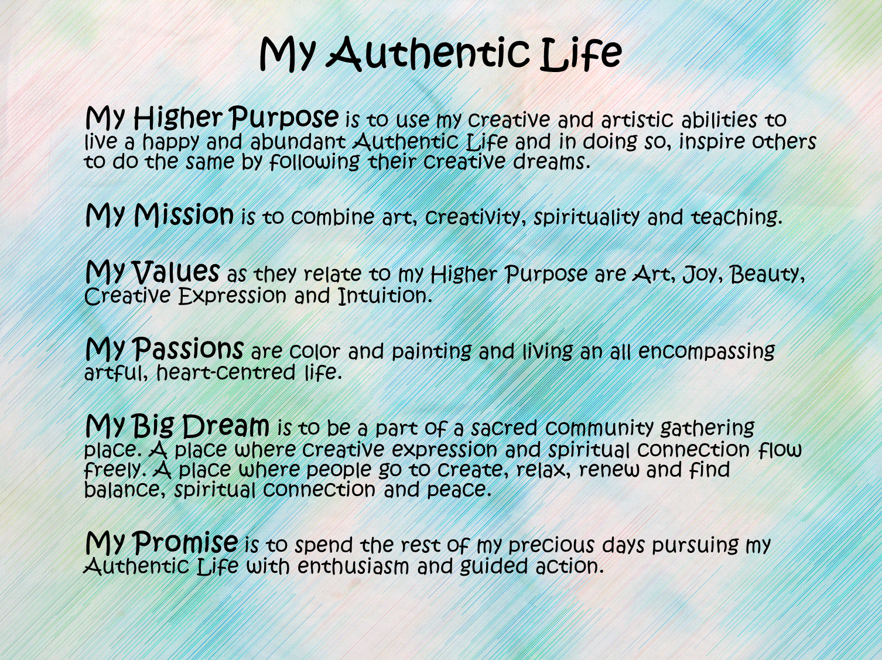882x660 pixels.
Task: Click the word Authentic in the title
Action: point(428,53)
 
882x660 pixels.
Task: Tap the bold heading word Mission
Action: point(184,214)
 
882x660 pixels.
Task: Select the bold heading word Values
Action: point(176,271)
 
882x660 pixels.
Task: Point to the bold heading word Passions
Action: point(188,348)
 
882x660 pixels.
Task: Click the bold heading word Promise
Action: point(185,542)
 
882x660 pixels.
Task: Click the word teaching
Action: point(737,217)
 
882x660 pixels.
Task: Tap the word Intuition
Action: point(385,295)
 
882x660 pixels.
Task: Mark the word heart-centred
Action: point(226,372)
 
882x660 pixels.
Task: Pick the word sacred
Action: point(504,428)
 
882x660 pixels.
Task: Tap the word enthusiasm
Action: point(353,566)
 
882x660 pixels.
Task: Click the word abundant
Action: point(298,141)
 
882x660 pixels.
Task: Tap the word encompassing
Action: point(706,352)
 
